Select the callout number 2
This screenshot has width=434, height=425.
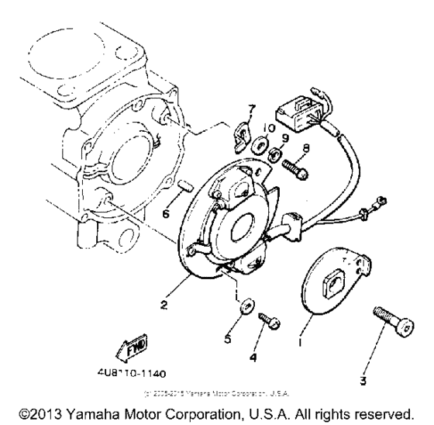pos(164,304)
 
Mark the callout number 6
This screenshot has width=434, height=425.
pos(166,213)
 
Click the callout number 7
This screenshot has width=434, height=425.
pos(250,106)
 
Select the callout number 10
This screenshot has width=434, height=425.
pos(266,126)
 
